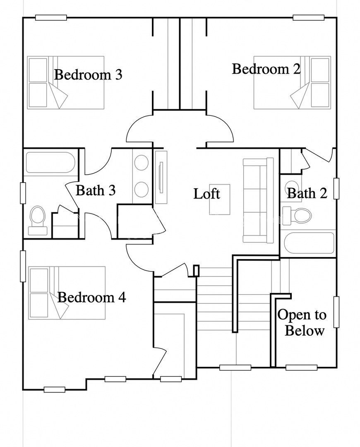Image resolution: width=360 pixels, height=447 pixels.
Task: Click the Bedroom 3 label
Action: tap(88, 75)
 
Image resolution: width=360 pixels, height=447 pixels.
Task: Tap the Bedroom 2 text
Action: tap(266, 69)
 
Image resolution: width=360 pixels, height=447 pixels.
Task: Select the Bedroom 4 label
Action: tap(91, 297)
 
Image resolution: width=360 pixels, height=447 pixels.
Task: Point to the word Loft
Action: tap(206, 193)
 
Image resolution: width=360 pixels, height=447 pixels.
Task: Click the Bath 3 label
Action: tap(96, 190)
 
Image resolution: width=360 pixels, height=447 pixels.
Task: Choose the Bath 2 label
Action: tap(307, 193)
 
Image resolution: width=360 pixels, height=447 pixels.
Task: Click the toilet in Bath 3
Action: tap(37, 219)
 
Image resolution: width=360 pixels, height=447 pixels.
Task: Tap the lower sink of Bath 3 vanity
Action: tap(142, 189)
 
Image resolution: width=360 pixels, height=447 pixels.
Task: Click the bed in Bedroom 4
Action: tap(67, 293)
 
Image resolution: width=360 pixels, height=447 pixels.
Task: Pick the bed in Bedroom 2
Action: tap(292, 83)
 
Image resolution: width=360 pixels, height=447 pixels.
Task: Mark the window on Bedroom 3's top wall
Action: tap(51, 17)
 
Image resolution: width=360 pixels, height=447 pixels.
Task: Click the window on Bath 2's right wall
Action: tap(336, 188)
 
